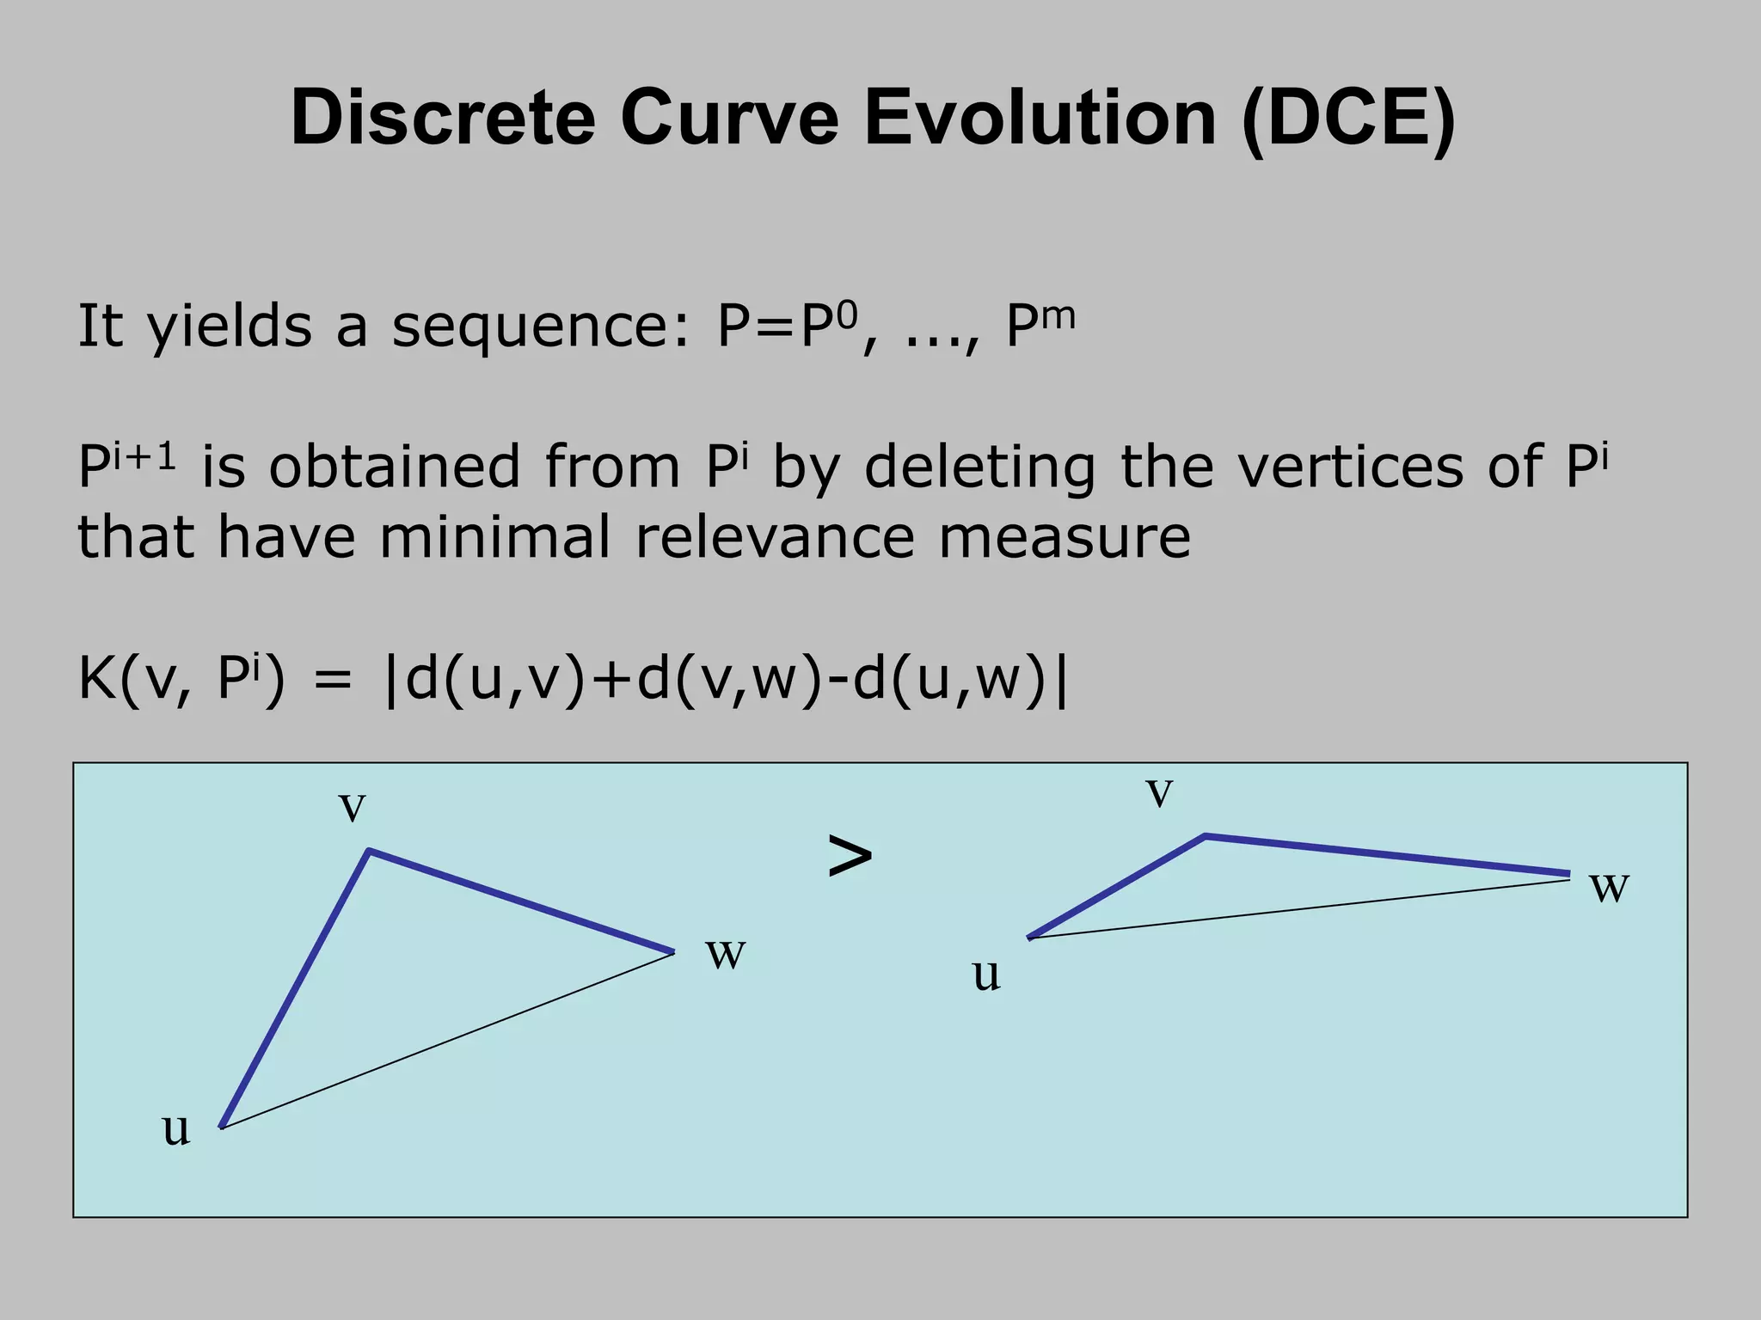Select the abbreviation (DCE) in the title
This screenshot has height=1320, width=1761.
pyautogui.click(x=1348, y=119)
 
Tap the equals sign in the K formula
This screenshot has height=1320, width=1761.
pyautogui.click(x=333, y=681)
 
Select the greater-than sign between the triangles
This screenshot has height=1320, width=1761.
pyautogui.click(x=850, y=856)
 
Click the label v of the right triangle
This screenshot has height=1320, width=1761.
pyautogui.click(x=1159, y=792)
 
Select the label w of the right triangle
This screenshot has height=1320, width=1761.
pyautogui.click(x=1609, y=887)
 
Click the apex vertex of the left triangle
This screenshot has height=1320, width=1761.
pyautogui.click(x=369, y=851)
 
